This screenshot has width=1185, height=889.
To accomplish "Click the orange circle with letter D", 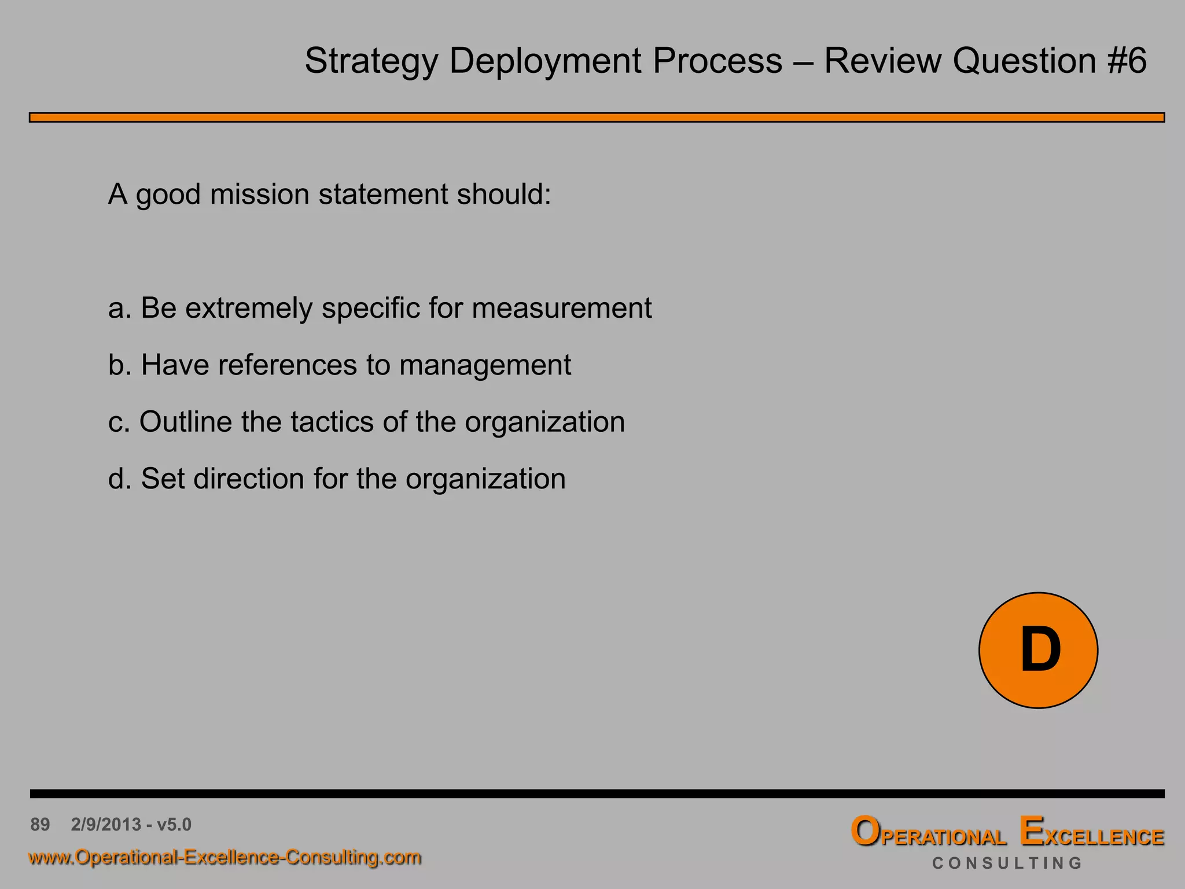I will (1038, 650).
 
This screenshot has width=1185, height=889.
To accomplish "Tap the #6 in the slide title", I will (1127, 61).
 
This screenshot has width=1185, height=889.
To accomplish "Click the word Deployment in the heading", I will (545, 61).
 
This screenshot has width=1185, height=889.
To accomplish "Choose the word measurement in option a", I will (561, 308).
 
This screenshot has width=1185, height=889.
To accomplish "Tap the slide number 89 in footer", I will (40, 824).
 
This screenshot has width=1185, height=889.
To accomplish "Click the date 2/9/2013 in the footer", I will (106, 824).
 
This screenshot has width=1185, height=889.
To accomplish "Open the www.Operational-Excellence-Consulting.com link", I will (225, 857).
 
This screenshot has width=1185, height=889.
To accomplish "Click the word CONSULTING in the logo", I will (1007, 864).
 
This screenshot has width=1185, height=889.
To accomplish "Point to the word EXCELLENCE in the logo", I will (1091, 833).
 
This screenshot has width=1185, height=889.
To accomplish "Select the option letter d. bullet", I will (120, 479).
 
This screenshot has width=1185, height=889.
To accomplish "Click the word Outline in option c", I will (186, 421).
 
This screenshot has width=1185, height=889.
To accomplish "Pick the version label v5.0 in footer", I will (174, 824).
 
